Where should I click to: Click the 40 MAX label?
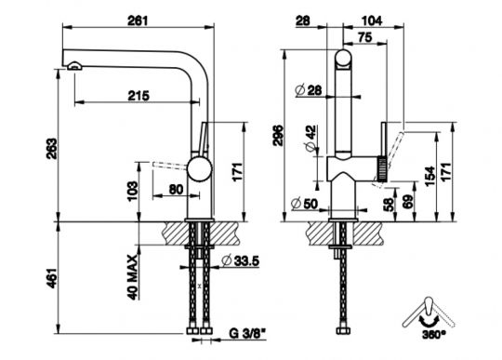point(134,276)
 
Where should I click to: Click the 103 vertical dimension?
point(135,192)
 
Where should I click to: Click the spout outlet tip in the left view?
point(73,66)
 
